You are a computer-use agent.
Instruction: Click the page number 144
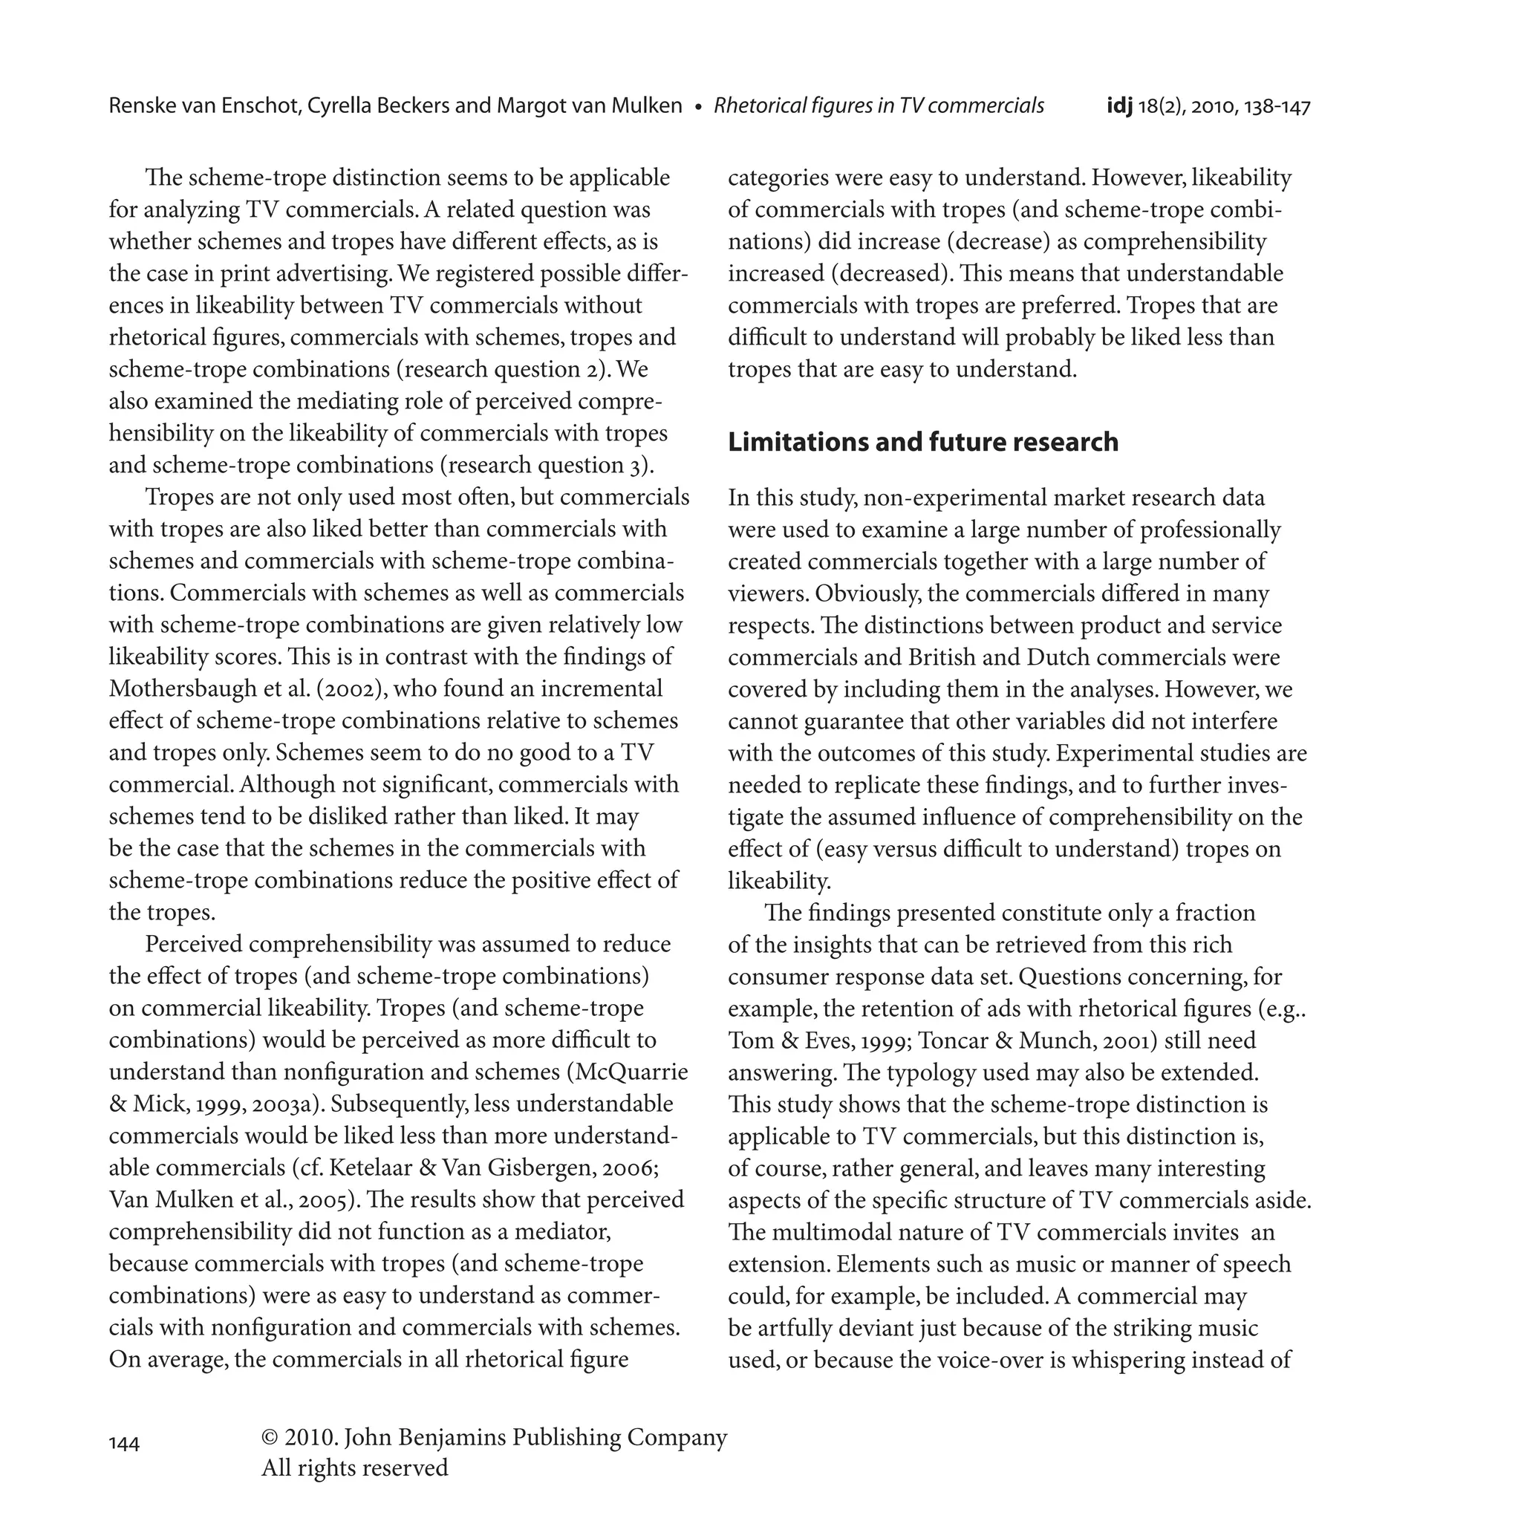(x=124, y=1444)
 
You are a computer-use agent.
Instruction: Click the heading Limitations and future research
(x=922, y=442)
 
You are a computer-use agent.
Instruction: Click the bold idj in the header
(x=1118, y=105)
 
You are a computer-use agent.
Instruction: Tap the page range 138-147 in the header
(x=1277, y=106)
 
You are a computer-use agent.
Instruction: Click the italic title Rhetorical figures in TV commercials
(x=879, y=105)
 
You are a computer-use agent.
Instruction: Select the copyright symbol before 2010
(x=270, y=1437)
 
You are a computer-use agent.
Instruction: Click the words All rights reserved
(x=354, y=1468)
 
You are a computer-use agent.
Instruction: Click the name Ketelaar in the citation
(x=366, y=1167)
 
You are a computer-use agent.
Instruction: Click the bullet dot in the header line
(x=698, y=107)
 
